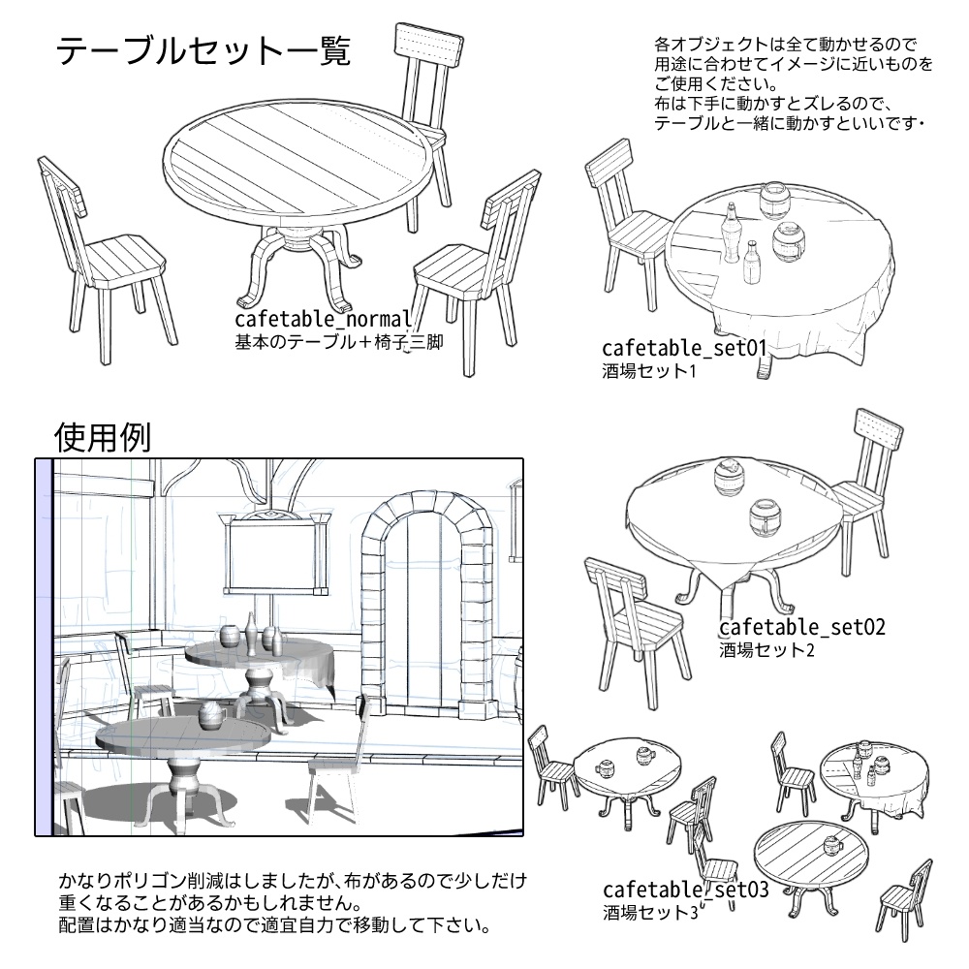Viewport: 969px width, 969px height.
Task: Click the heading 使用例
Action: coord(102,438)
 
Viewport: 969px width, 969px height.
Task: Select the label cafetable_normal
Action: coord(324,321)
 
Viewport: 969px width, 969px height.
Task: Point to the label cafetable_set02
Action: coord(801,627)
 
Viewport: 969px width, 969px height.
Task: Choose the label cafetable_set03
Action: coord(685,890)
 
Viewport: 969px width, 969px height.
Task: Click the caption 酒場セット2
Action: coord(766,649)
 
